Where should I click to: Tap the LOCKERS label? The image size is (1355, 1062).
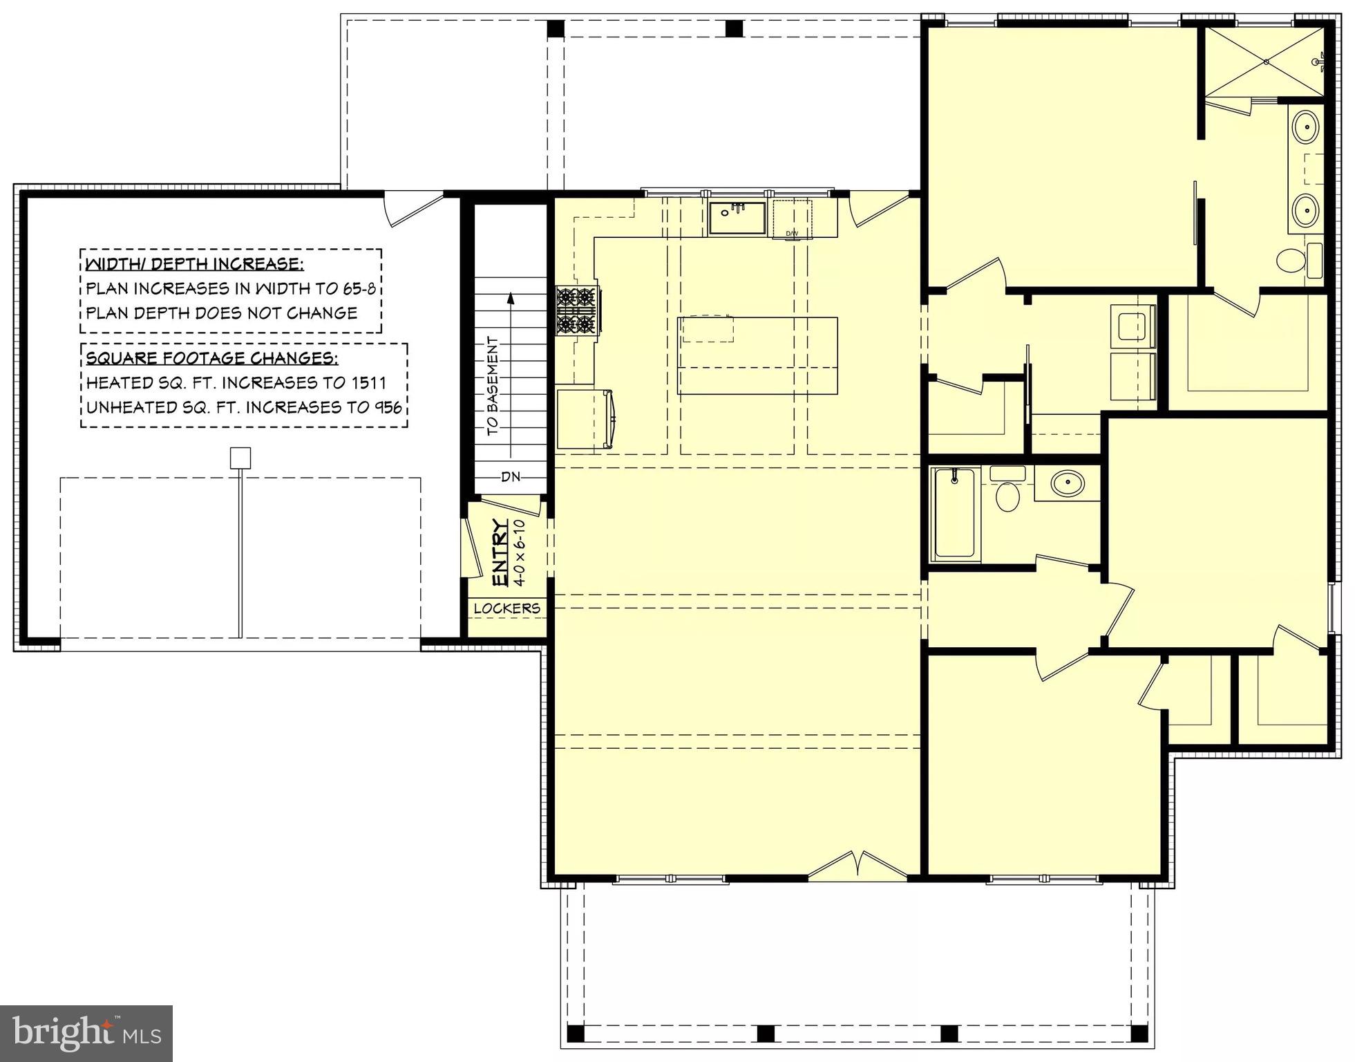[506, 608]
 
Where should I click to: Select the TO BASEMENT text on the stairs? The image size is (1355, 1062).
[493, 386]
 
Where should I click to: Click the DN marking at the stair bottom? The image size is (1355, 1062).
[511, 476]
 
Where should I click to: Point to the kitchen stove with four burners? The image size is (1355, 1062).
[576, 310]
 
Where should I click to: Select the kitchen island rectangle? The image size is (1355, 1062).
[757, 355]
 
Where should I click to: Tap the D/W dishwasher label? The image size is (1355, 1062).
[791, 234]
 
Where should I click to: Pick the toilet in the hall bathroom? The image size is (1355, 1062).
[1007, 493]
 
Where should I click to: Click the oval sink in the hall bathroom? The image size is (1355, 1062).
[1068, 482]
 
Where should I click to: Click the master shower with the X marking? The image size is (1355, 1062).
[1265, 62]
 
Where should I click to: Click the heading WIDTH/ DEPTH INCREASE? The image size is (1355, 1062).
[194, 264]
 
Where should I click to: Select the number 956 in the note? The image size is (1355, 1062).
[388, 407]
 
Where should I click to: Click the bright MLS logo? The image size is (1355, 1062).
[86, 1033]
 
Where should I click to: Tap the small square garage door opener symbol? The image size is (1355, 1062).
[240, 458]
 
